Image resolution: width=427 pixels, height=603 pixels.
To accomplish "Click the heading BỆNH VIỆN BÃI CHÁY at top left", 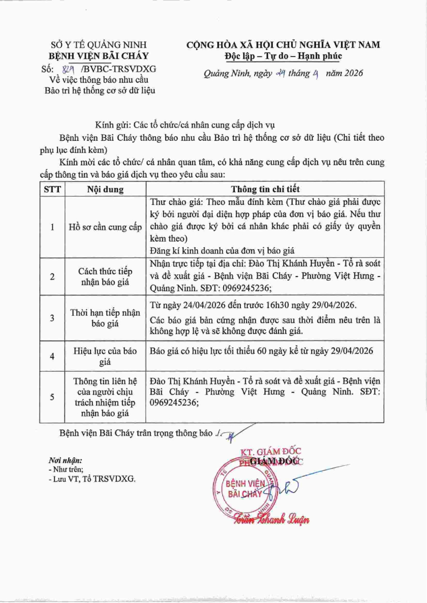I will click(x=99, y=55).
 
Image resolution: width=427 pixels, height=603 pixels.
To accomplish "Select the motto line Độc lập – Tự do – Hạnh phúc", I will click(x=283, y=55).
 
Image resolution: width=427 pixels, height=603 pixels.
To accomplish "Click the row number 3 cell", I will click(x=52, y=318).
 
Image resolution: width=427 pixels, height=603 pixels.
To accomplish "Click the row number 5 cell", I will click(x=52, y=397).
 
